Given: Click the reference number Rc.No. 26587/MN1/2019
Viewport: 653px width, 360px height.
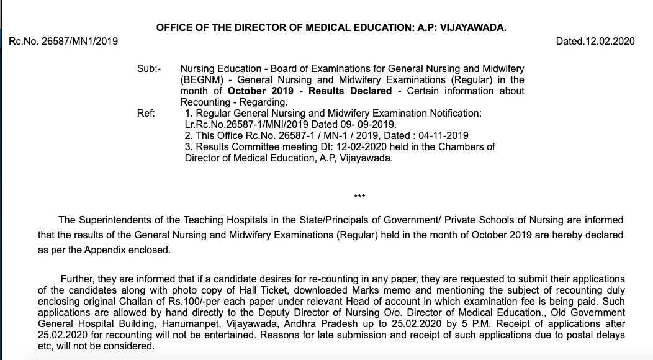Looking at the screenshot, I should pyautogui.click(x=63, y=42).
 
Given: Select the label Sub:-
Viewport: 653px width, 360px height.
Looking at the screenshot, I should pyautogui.click(x=148, y=68).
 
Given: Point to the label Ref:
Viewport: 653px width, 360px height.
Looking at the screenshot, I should pyautogui.click(x=146, y=113).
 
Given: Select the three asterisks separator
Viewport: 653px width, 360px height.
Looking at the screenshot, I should pyautogui.click(x=359, y=197).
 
